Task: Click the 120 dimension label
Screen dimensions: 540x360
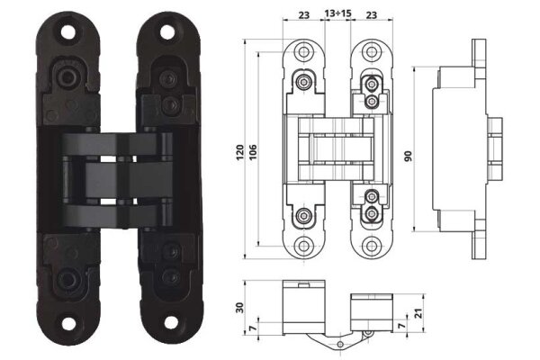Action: pyautogui.click(x=240, y=152)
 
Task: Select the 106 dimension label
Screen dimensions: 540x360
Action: pyautogui.click(x=253, y=152)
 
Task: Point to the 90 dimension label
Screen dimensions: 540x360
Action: pyautogui.click(x=408, y=156)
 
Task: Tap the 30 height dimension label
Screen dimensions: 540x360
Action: pyautogui.click(x=240, y=307)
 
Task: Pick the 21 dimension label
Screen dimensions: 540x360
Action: pyautogui.click(x=418, y=313)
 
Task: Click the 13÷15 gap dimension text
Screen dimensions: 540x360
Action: pyautogui.click(x=337, y=13)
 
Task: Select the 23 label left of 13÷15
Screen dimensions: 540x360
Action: pyautogui.click(x=304, y=15)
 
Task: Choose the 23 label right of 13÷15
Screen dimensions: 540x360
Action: pyautogui.click(x=371, y=15)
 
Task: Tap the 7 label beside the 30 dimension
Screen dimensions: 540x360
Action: pyautogui.click(x=253, y=328)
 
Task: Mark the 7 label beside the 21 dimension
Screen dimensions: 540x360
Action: pyautogui.click(x=401, y=326)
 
